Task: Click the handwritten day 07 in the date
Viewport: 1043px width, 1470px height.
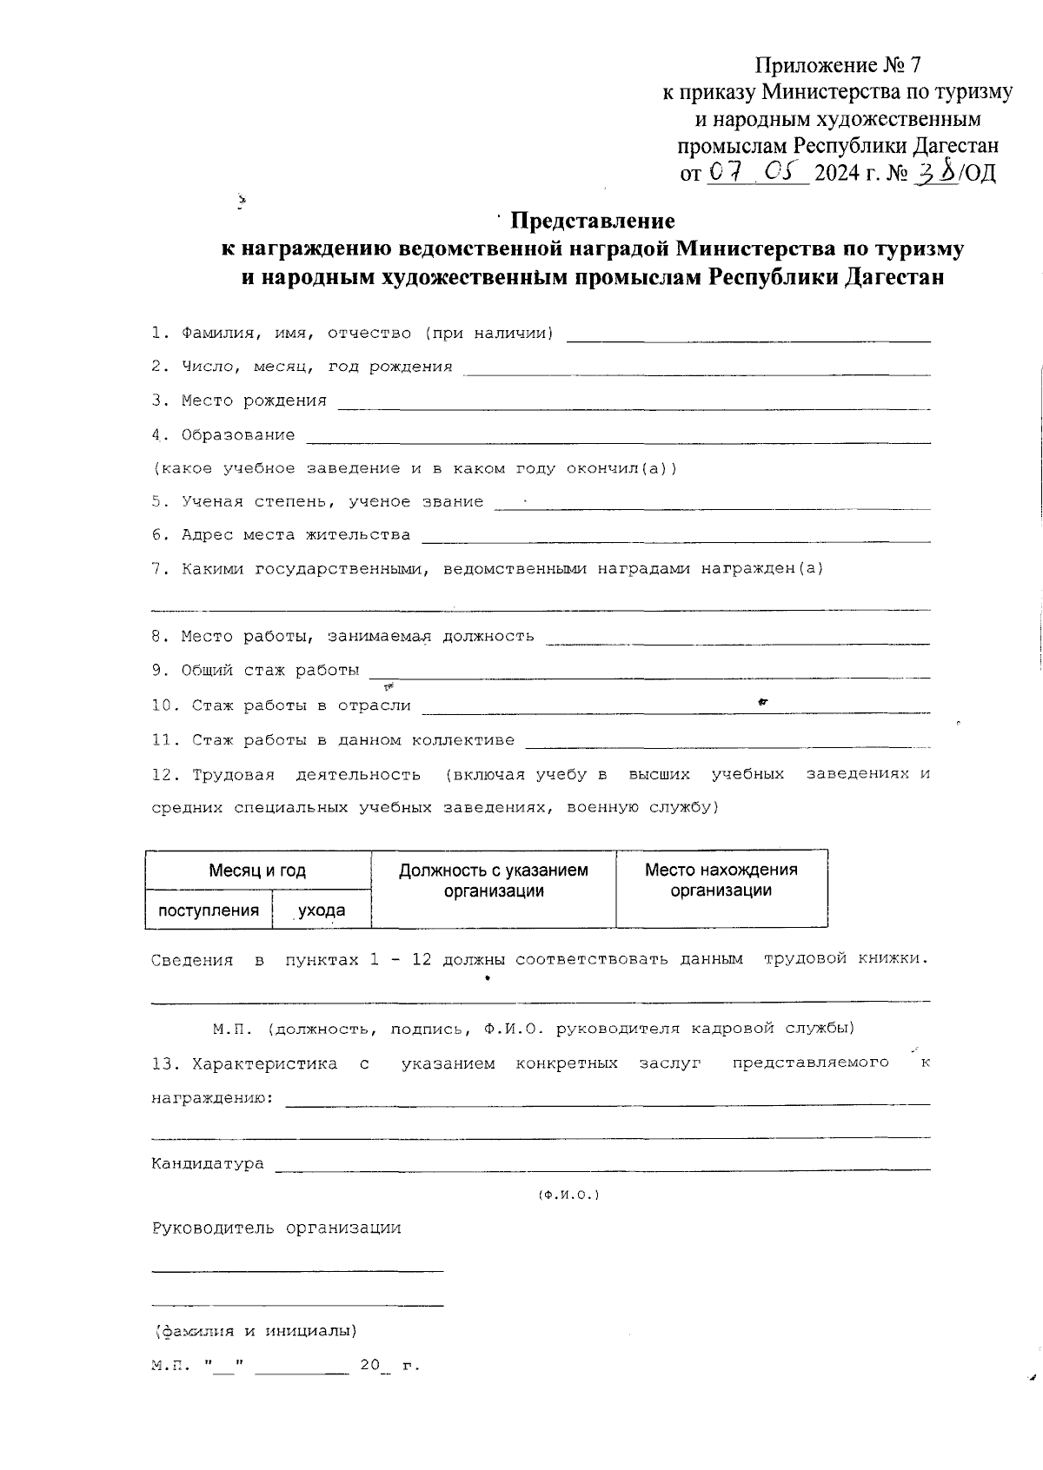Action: click(x=724, y=173)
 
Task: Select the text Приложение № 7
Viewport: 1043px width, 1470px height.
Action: click(x=837, y=65)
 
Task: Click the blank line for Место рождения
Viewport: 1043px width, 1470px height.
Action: click(x=634, y=407)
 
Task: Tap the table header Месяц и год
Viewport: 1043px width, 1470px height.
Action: click(x=257, y=871)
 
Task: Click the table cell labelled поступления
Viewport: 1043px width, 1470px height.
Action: click(x=209, y=910)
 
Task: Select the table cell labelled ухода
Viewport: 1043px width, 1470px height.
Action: click(x=322, y=910)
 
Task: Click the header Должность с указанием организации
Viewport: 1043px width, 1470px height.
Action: click(x=494, y=880)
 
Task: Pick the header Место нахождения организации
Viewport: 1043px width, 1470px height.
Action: click(x=721, y=879)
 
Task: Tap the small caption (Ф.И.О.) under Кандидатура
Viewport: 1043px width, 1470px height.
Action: click(x=569, y=1195)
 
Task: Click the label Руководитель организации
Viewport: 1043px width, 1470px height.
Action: click(x=276, y=1228)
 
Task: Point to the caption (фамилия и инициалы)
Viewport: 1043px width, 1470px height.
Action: click(x=255, y=1330)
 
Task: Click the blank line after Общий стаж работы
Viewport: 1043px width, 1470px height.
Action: click(x=650, y=675)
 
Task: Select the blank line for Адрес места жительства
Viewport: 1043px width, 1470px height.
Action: click(x=675, y=540)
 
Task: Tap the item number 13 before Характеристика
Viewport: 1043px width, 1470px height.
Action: click(x=163, y=1063)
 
